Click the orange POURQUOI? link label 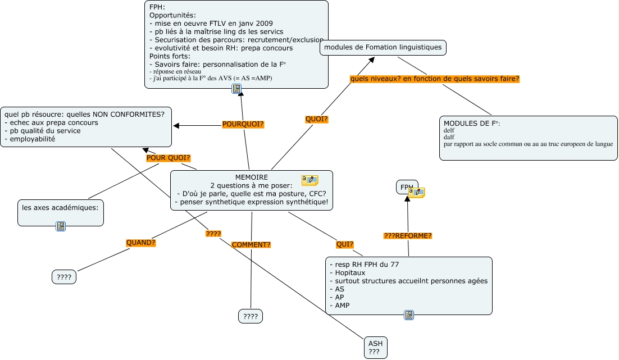point(243,124)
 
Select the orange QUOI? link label point(316,119)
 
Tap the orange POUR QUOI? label point(168,158)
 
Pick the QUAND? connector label point(140,243)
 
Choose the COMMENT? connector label point(251,245)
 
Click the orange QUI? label point(344,244)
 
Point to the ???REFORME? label point(408,236)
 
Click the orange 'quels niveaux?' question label point(434,79)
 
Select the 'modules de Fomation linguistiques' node point(383,47)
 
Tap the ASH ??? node point(375,348)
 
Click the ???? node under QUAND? point(64,277)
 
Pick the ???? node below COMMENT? point(251,317)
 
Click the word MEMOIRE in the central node point(251,177)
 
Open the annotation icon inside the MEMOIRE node point(309,180)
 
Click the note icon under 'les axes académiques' point(61,226)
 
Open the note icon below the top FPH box point(236,89)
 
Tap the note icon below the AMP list point(409,315)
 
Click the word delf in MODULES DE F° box point(449,130)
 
